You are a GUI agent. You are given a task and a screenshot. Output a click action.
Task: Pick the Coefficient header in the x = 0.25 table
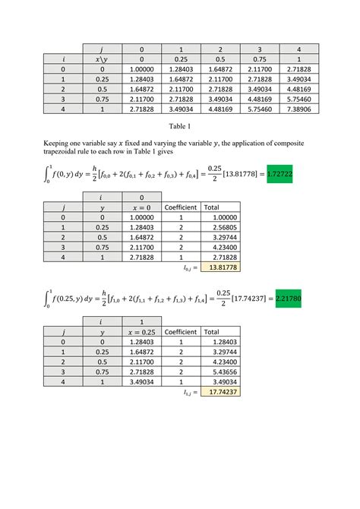182,331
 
